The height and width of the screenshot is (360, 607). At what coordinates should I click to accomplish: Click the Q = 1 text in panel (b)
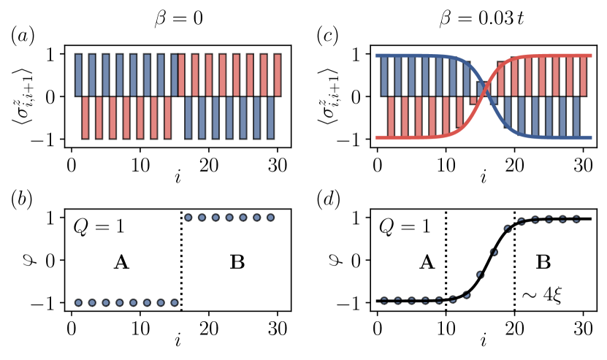(x=99, y=226)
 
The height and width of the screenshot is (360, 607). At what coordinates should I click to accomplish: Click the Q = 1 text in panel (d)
(x=404, y=226)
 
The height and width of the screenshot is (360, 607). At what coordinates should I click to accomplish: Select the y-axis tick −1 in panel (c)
(x=357, y=139)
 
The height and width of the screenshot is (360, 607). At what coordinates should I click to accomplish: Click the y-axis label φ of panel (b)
(x=23, y=259)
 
